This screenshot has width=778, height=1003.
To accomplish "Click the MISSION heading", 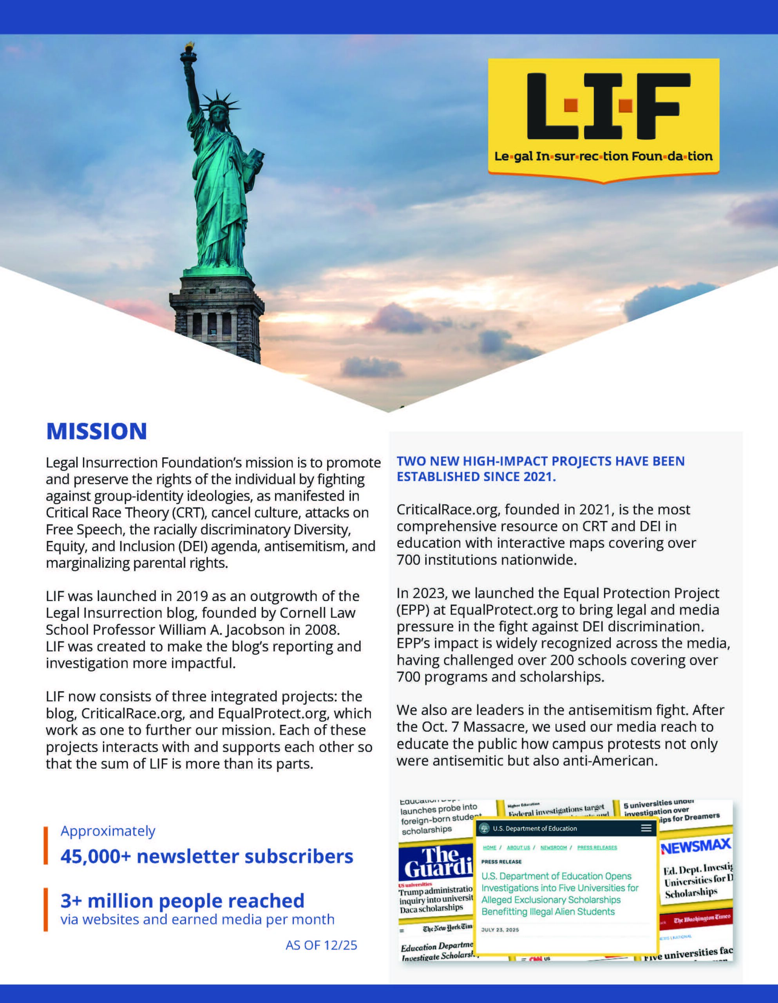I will tap(96, 431).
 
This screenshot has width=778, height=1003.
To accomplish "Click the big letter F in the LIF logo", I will tap(663, 106).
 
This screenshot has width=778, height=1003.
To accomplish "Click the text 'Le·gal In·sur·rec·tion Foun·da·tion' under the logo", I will tap(603, 157).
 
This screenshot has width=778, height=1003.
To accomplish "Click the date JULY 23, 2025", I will tap(500, 929).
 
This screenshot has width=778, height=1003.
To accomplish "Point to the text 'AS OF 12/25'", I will tap(321, 945).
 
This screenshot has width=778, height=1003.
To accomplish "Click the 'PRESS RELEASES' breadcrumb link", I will tap(597, 847).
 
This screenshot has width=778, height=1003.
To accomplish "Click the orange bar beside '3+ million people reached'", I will tap(45, 909).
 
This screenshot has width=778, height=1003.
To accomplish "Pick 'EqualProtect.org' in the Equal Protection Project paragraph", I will tap(503, 610).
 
